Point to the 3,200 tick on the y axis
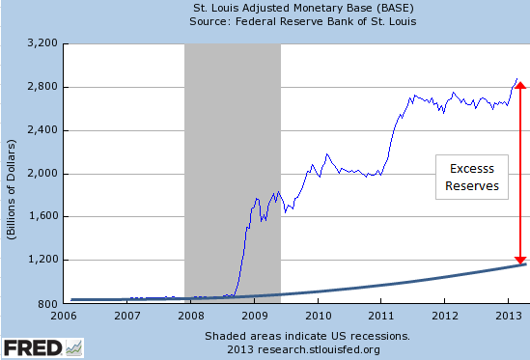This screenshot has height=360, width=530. coord(44,43)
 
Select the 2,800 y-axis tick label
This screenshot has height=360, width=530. coord(44,87)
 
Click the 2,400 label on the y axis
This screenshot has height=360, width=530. coord(44,130)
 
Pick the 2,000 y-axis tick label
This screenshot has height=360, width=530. coord(44,174)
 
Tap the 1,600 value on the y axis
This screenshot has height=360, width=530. coord(44,217)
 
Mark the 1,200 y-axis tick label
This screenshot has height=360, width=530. coord(44,261)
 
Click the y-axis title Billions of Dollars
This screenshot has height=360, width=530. coord(12,174)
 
